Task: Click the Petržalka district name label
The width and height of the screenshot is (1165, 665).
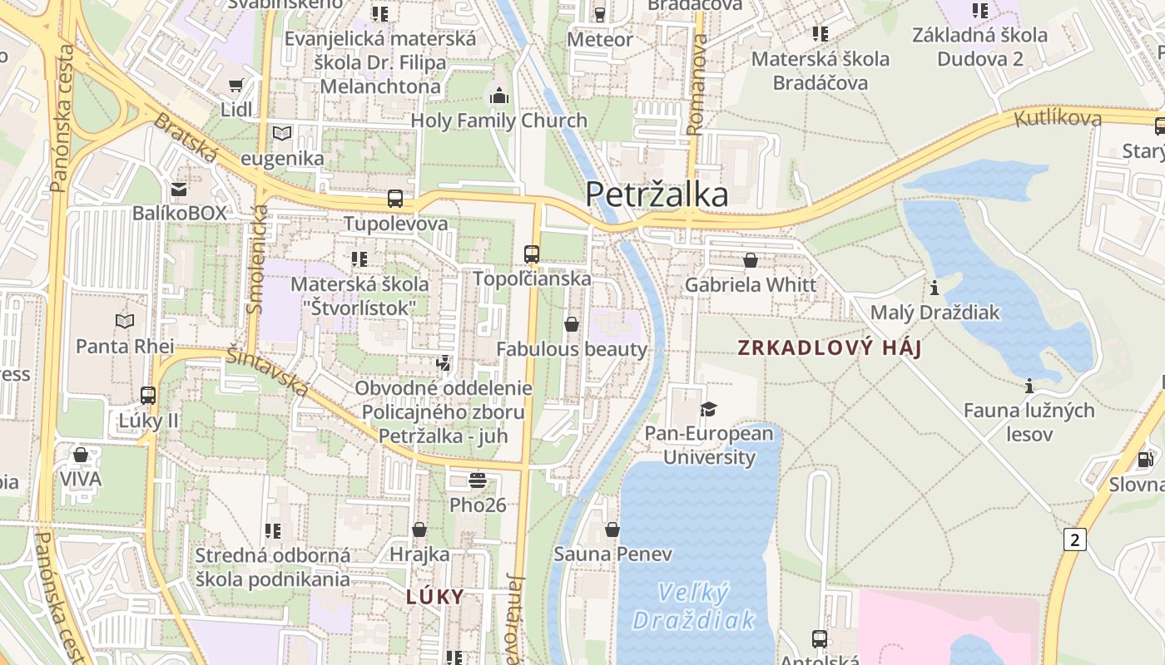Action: click(x=657, y=195)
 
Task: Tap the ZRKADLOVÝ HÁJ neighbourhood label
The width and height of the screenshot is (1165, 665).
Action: click(x=830, y=348)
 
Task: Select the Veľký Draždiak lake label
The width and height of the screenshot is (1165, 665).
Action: click(x=693, y=606)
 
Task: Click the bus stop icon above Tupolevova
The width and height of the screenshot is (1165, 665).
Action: click(x=395, y=199)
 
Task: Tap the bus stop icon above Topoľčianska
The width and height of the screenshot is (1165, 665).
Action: click(x=532, y=254)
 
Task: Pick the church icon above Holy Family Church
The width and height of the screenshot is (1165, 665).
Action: click(x=499, y=96)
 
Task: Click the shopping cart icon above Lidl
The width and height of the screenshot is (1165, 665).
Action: click(x=236, y=85)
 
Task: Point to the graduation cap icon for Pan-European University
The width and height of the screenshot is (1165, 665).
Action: click(x=709, y=409)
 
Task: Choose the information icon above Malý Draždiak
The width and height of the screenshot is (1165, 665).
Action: click(x=934, y=288)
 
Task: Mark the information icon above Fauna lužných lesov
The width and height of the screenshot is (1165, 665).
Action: click(x=1029, y=386)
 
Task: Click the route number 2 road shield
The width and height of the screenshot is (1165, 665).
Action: click(x=1075, y=540)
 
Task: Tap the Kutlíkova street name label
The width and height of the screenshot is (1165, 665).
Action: click(x=1058, y=118)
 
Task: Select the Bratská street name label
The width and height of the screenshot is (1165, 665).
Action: click(x=185, y=138)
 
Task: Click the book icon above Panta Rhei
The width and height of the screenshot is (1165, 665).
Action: click(x=125, y=321)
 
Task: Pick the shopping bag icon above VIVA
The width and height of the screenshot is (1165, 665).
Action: click(x=81, y=455)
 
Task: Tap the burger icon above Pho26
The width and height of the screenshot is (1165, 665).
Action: click(x=478, y=480)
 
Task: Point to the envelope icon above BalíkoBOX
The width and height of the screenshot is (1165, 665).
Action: click(x=179, y=189)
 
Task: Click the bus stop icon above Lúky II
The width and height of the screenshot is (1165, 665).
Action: click(x=148, y=395)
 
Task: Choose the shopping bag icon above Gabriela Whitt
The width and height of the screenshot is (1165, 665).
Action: click(x=751, y=260)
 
